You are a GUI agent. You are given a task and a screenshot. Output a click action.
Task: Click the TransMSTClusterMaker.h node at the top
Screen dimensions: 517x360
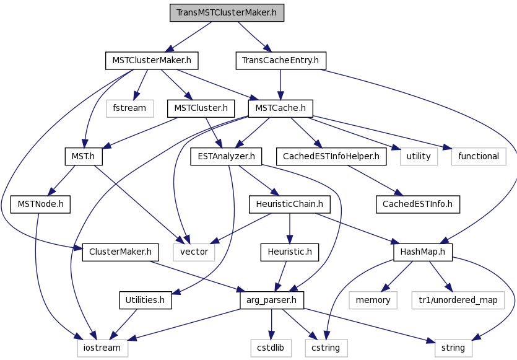[x=227, y=13]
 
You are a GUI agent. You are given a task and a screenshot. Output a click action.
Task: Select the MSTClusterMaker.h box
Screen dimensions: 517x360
[x=152, y=61]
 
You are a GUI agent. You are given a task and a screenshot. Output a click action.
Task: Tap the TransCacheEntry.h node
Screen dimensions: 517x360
[x=281, y=61]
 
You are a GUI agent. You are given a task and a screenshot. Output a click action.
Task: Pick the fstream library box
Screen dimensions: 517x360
[x=130, y=108]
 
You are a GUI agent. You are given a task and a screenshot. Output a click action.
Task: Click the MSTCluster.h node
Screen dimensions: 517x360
[x=201, y=108]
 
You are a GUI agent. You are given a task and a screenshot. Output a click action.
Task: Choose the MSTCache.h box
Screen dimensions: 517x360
[x=280, y=108]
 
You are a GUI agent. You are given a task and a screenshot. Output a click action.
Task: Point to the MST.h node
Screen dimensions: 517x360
[x=84, y=156]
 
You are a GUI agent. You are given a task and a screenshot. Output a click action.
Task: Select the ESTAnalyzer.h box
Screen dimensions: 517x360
[x=226, y=156]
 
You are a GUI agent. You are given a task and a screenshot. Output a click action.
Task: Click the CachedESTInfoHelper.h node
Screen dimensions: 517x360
[x=331, y=156]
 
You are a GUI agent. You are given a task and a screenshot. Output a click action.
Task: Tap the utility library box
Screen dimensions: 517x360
[x=419, y=156]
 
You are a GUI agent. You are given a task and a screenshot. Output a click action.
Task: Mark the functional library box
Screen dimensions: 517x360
[x=479, y=156]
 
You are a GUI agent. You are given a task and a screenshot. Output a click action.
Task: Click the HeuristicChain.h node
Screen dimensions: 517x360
[x=290, y=204]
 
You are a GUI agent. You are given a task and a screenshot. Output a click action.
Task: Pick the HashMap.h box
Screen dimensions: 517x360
[x=423, y=252]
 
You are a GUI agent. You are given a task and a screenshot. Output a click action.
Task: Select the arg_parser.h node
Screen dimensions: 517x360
[x=272, y=301]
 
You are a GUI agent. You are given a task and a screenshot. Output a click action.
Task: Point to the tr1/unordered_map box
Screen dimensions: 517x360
[x=458, y=301]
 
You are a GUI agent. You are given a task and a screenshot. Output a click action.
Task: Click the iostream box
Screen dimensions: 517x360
[x=103, y=348]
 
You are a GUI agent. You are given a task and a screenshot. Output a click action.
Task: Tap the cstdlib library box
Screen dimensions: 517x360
[x=271, y=348]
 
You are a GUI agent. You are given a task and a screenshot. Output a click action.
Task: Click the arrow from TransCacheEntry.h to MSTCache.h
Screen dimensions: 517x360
[x=280, y=84]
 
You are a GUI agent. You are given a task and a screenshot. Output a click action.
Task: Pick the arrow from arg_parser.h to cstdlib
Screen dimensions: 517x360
[x=271, y=324]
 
